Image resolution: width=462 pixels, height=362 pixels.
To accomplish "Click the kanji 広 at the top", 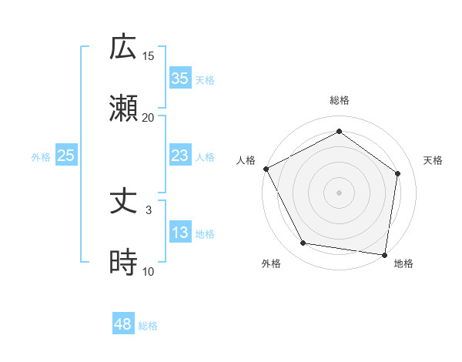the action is tap(124, 48).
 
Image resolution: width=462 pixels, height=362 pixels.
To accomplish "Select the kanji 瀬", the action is tap(124, 109).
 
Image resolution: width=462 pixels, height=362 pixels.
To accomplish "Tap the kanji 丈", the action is tap(124, 202).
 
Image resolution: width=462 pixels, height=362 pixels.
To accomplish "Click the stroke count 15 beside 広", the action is tap(149, 55).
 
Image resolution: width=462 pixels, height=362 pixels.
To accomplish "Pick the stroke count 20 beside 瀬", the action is tap(149, 117).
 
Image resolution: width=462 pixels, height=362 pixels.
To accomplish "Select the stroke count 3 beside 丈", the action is tap(149, 209).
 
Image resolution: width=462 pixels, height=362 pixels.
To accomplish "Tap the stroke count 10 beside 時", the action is tap(149, 271).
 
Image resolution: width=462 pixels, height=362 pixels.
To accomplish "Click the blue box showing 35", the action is tap(179, 79).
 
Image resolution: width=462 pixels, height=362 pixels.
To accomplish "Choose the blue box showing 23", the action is tap(179, 156).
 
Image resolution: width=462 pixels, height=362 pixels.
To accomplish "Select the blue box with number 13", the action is tap(179, 233).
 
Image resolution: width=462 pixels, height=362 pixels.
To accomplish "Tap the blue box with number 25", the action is tap(65, 156).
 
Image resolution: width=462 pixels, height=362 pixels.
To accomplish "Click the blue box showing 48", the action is tap(122, 324).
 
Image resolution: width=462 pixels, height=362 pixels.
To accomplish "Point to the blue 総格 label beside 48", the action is tap(148, 326).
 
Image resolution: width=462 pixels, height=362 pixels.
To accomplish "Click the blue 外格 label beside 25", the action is tap(41, 157).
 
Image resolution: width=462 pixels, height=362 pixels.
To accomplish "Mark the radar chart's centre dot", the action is tap(339, 192).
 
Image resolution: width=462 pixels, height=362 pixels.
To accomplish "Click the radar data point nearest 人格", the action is tap(266, 168).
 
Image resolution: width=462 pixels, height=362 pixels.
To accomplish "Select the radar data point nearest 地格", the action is tap(384, 254).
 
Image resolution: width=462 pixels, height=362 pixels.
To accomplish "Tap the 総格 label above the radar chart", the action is tap(339, 101).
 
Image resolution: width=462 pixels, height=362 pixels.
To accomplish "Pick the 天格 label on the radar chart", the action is tap(434, 160).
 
